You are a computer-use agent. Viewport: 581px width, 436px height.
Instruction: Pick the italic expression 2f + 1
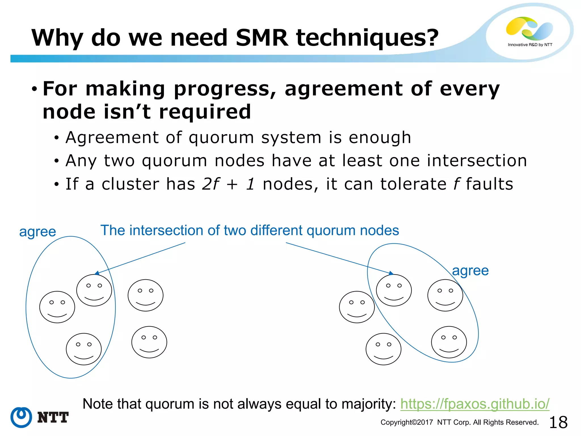pyautogui.click(x=228, y=184)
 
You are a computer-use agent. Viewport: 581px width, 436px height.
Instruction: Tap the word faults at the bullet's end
pyautogui.click(x=489, y=184)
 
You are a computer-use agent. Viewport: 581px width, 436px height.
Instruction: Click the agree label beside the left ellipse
pyautogui.click(x=37, y=232)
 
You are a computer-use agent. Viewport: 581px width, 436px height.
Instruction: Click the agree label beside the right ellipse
pyautogui.click(x=470, y=271)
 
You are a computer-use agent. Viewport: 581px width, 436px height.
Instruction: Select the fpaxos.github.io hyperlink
pyautogui.click(x=475, y=404)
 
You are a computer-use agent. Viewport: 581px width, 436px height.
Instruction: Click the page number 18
pyautogui.click(x=558, y=422)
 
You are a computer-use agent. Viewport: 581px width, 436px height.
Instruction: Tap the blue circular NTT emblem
pyautogui.click(x=21, y=417)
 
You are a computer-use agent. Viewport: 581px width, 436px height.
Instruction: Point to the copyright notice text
pyautogui.click(x=459, y=422)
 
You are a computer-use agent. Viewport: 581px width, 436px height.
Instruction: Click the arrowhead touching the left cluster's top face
pyautogui.click(x=97, y=273)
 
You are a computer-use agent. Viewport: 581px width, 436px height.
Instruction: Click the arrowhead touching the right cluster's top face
pyautogui.click(x=391, y=273)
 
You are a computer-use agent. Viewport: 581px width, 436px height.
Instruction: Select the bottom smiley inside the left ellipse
pyautogui.click(x=84, y=349)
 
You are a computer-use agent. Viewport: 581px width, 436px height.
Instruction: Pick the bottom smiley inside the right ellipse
pyautogui.click(x=449, y=342)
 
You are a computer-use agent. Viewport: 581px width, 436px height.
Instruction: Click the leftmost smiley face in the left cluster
pyautogui.click(x=57, y=307)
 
